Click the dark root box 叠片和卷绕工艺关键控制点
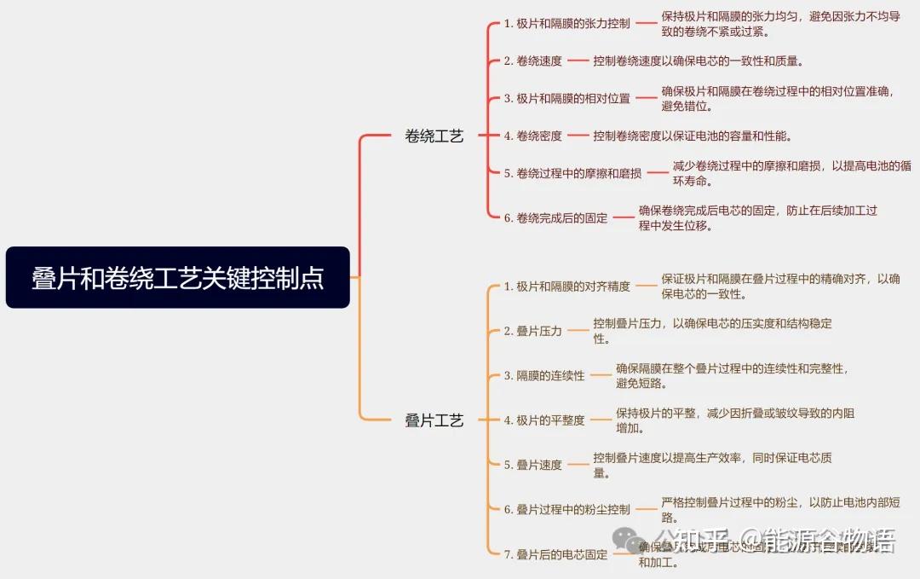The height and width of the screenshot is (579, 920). (177, 278)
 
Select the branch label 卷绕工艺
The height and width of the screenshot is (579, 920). (434, 136)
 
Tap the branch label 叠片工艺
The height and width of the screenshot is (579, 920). (434, 420)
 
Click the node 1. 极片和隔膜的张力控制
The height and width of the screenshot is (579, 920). (566, 24)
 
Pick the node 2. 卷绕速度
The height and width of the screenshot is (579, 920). (532, 61)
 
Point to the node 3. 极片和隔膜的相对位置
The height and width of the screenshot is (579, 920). (566, 98)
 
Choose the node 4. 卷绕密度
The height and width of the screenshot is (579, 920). (532, 136)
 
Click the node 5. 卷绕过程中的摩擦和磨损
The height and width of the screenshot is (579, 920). (572, 173)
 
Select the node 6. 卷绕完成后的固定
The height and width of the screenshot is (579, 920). (555, 218)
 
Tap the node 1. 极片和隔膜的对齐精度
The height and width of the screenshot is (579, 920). (566, 287)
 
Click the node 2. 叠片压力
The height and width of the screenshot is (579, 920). (532, 331)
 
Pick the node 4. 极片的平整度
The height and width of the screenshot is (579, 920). (543, 420)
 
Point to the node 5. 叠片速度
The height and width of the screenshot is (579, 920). (532, 465)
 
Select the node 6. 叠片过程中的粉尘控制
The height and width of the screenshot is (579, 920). (566, 509)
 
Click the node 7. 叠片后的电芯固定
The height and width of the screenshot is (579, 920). (555, 554)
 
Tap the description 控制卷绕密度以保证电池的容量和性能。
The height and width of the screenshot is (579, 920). (693, 136)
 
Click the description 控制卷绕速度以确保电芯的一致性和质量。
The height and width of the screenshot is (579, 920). (699, 61)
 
